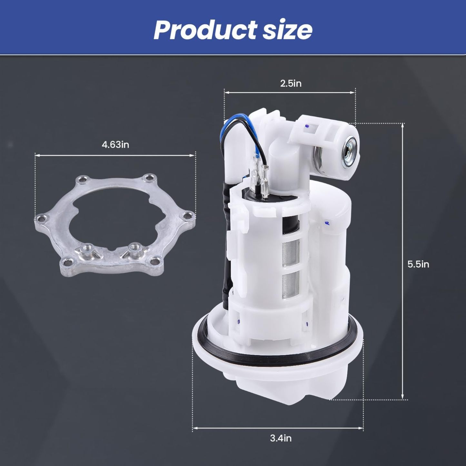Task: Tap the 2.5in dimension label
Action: [x=291, y=84]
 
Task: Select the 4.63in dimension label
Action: [x=115, y=145]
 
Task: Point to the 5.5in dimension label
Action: [x=418, y=264]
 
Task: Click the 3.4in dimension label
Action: [x=281, y=438]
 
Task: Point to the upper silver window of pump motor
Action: [x=291, y=253]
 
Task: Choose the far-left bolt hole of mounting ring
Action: [x=41, y=219]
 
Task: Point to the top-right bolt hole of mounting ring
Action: [x=149, y=178]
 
